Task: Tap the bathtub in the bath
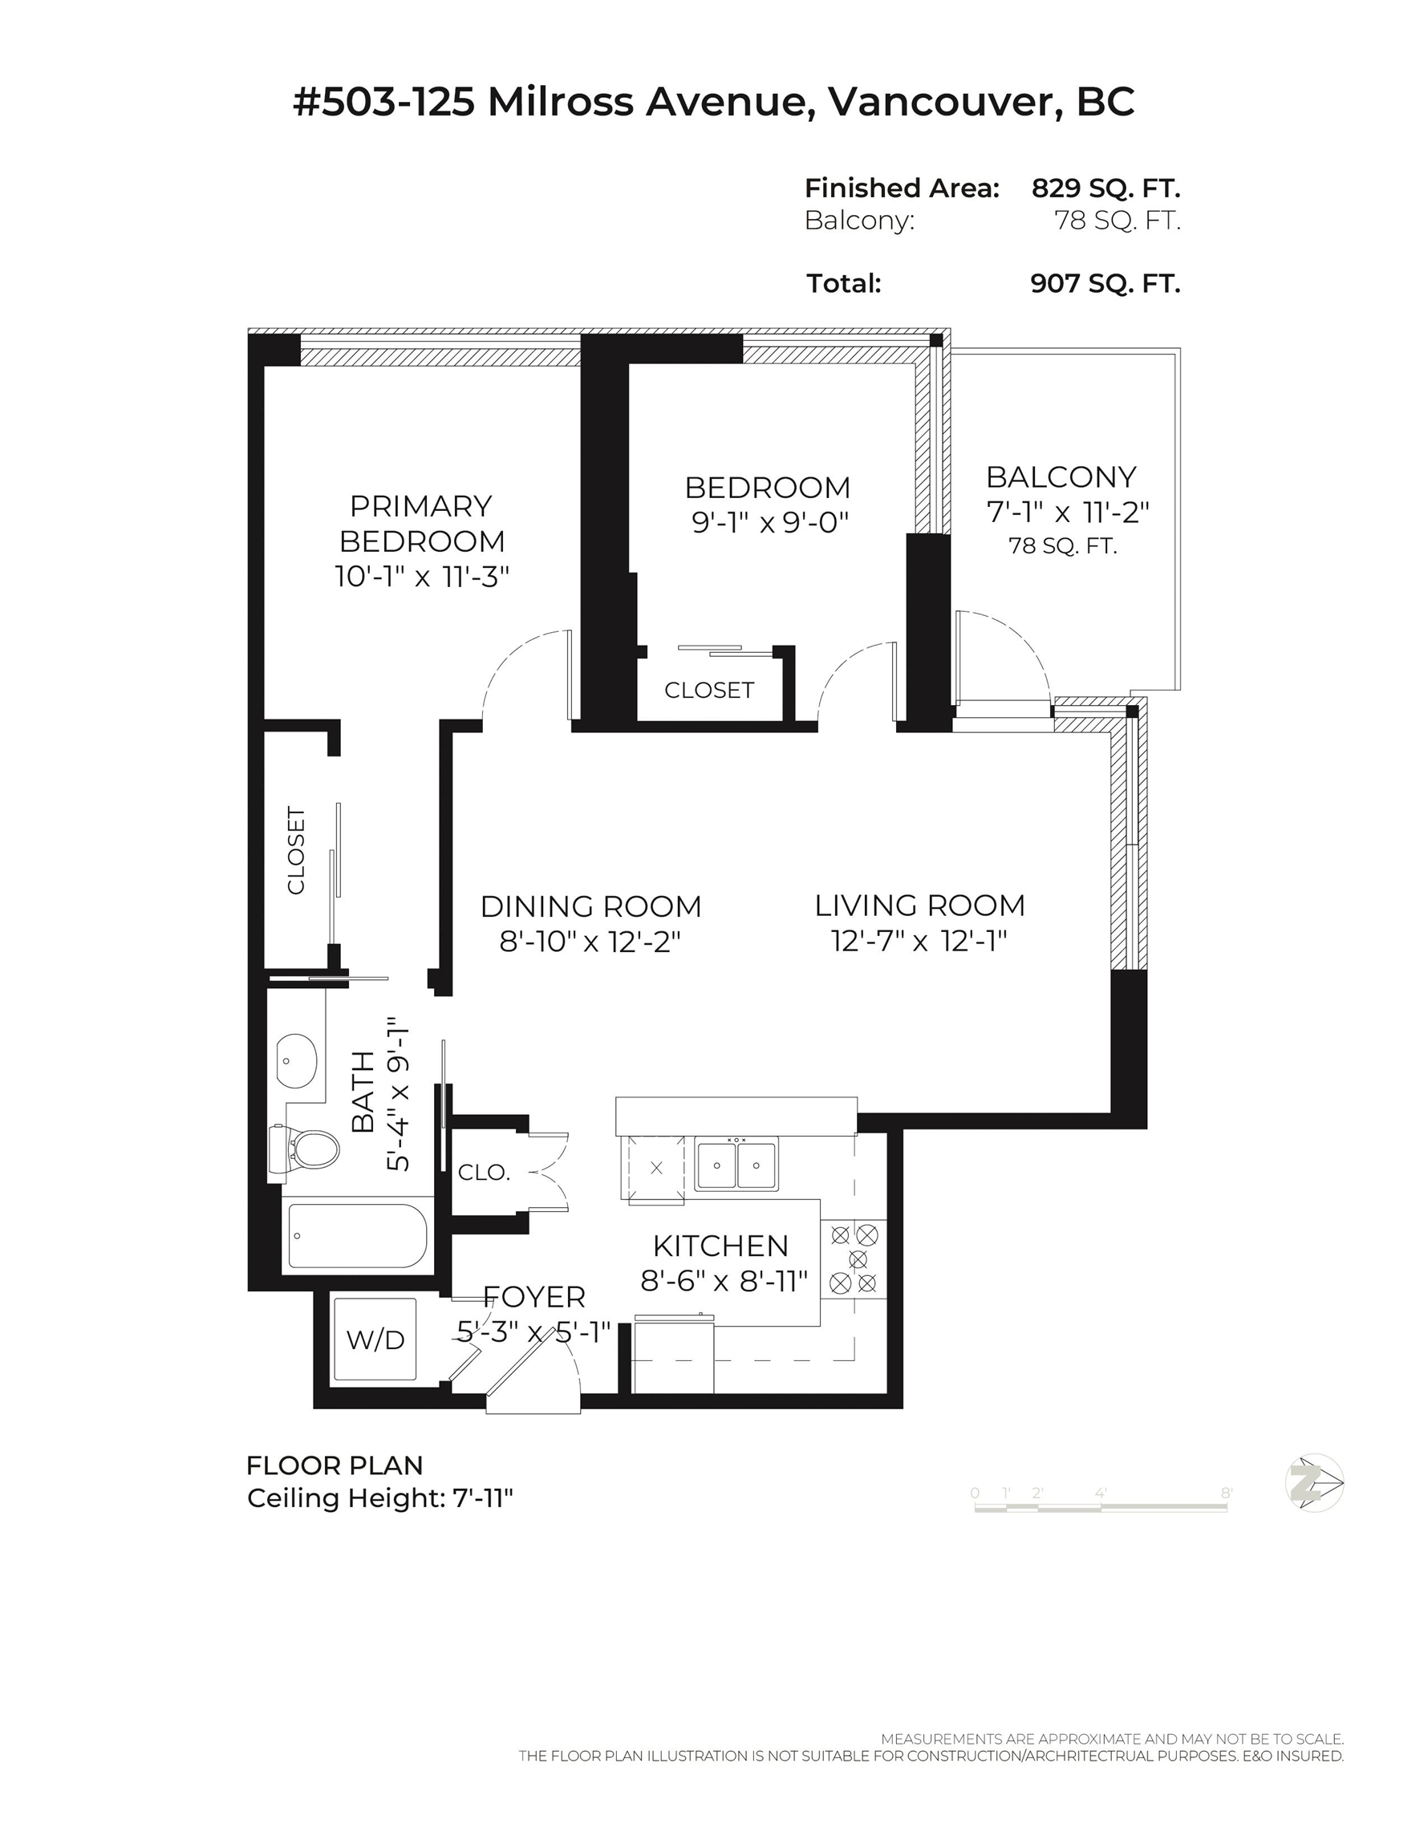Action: coord(356,1235)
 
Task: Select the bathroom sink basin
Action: coord(296,1060)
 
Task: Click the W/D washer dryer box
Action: coord(375,1339)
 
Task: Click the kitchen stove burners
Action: coord(854,1259)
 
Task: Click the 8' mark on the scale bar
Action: coord(1226,1493)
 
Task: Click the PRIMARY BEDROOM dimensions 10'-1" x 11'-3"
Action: coord(421,577)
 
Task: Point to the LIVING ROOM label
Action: coord(919,906)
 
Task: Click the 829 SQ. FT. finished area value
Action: coord(1105,188)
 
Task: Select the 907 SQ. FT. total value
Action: coord(1105,283)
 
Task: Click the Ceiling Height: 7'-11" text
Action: coord(380,1498)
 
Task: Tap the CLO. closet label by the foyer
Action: coord(483,1173)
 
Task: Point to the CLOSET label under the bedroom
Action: coord(708,691)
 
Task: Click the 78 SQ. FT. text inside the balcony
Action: coord(1062,546)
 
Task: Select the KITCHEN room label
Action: coord(720,1246)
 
